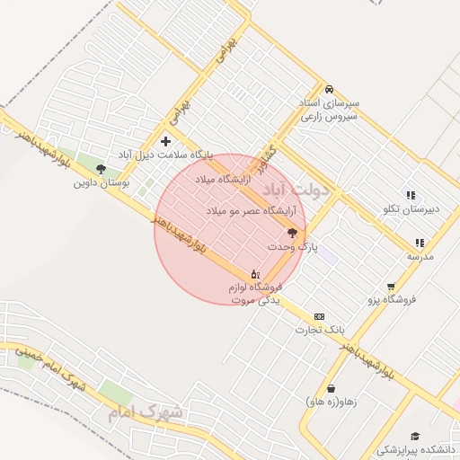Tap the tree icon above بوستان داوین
(x=101, y=168)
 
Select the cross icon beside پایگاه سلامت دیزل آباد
(x=165, y=141)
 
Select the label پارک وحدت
(x=293, y=246)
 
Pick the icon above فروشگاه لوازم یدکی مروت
(x=255, y=274)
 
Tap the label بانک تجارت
(x=320, y=331)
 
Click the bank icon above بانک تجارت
(x=319, y=317)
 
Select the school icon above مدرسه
(x=420, y=243)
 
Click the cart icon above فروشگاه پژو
(x=391, y=287)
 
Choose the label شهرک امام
(x=145, y=414)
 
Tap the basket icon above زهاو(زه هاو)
(x=332, y=389)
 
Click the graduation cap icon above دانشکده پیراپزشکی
(x=414, y=436)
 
